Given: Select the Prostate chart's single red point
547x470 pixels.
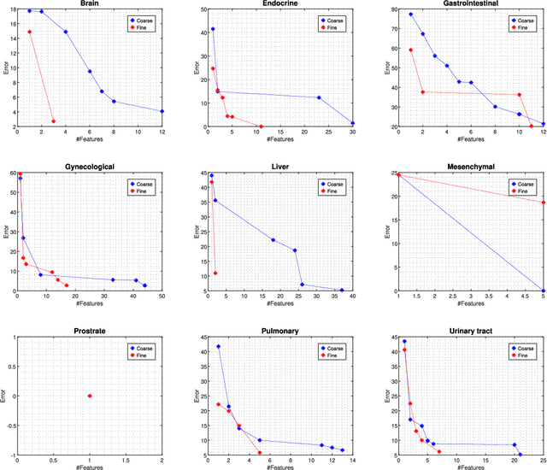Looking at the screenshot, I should pyautogui.click(x=90, y=396).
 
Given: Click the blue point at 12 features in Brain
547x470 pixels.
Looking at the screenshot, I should pyautogui.click(x=162, y=111).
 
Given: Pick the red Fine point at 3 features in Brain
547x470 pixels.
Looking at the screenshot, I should pyautogui.click(x=53, y=121).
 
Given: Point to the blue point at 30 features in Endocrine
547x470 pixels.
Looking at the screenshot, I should pyautogui.click(x=352, y=123).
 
